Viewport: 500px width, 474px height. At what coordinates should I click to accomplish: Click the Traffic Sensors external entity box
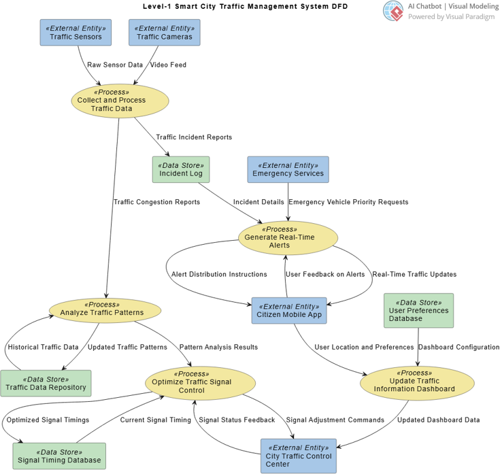(76, 33)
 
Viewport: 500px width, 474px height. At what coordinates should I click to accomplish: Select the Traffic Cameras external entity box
(164, 33)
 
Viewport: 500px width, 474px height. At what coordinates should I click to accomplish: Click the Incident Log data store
(181, 170)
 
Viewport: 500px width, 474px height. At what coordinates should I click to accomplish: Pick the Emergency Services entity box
(288, 170)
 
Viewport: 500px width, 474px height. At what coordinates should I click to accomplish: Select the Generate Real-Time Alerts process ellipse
(288, 237)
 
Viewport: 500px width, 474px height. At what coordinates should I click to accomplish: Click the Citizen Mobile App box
(290, 311)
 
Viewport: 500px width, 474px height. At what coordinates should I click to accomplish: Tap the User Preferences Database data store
(418, 310)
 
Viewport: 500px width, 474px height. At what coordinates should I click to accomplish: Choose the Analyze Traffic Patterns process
(105, 309)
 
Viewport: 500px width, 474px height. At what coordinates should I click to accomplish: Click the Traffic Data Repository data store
(46, 384)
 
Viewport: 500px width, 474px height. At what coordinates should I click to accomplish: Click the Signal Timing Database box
(59, 456)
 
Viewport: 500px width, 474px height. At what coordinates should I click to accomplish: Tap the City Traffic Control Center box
(298, 456)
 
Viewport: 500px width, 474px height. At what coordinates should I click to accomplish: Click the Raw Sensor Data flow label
(115, 65)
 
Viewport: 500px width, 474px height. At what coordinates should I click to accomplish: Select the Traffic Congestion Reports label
(156, 202)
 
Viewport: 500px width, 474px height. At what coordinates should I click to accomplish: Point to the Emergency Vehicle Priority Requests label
(348, 202)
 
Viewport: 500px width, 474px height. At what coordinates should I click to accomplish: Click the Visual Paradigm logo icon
(393, 11)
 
